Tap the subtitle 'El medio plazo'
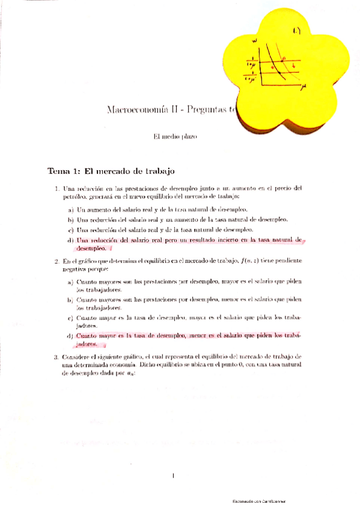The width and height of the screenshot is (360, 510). click(175, 137)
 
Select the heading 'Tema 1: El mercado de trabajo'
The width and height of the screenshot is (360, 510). click(111, 171)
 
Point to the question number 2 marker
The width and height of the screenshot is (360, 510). click(56, 261)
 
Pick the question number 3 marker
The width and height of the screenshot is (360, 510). click(56, 357)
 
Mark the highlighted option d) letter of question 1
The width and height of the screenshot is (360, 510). click(71, 240)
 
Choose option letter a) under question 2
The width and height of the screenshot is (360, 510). click(71, 282)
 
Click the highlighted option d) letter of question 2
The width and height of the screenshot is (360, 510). click(71, 335)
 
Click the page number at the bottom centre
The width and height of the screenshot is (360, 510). click(172, 476)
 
